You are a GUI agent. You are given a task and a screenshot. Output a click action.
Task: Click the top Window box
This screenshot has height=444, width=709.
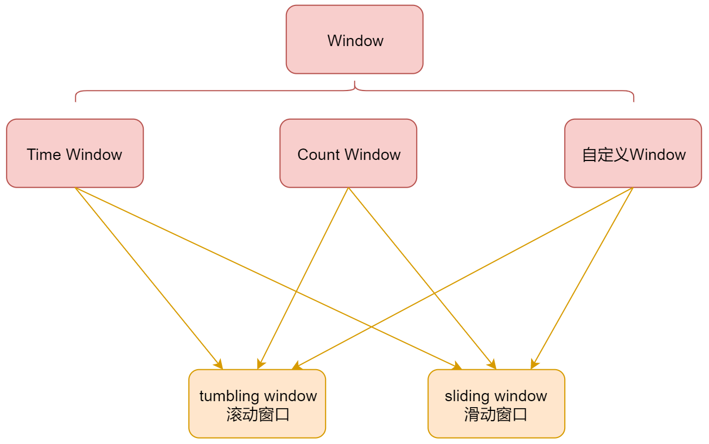(354, 40)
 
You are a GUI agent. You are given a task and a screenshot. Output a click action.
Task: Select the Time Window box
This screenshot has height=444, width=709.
(75, 153)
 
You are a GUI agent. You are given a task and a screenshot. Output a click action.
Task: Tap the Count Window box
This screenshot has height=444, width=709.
(348, 153)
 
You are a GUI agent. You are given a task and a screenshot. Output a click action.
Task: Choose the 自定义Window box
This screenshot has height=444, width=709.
(633, 153)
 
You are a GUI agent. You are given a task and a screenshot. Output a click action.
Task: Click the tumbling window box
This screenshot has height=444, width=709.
(257, 404)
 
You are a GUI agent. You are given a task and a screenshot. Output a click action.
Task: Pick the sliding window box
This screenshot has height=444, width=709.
(496, 404)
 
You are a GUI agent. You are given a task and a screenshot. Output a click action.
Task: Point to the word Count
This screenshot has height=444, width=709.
(318, 155)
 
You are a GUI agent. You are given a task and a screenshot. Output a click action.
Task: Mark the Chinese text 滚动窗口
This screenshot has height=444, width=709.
(258, 415)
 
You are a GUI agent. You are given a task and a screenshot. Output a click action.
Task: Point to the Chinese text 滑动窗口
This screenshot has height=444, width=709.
(496, 415)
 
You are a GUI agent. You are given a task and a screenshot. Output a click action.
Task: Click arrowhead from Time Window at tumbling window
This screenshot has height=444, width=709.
(219, 365)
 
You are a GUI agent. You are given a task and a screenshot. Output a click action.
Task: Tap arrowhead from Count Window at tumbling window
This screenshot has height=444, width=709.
(260, 365)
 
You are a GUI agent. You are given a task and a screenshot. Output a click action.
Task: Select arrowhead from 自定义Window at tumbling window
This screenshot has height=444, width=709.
(296, 367)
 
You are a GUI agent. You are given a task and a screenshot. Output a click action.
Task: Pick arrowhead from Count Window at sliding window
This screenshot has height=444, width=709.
(493, 365)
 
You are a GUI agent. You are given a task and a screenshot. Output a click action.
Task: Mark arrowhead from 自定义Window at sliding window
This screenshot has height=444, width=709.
(534, 365)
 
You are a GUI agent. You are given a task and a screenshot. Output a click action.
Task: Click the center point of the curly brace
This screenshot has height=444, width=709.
(355, 85)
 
